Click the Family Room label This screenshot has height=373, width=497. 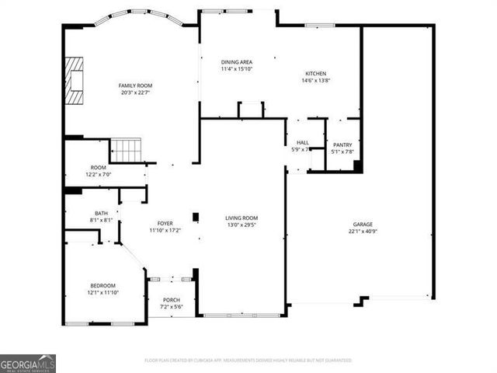tap(134, 85)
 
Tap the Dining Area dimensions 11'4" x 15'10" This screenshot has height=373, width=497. tap(237, 69)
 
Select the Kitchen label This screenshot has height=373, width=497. tap(315, 73)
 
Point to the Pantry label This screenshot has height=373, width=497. tap(342, 145)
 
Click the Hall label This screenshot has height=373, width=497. tap(303, 142)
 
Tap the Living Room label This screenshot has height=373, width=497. tap(242, 218)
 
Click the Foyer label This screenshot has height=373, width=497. tap(165, 224)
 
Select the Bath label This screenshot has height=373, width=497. tap(102, 213)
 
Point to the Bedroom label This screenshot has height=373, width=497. tap(103, 285)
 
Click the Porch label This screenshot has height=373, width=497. tap(171, 301)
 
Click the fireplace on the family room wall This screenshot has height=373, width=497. tap(73, 80)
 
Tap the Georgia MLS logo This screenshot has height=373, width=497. tap(28, 364)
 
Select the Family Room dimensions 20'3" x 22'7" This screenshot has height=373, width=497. tap(134, 92)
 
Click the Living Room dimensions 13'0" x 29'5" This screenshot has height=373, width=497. tap(242, 225)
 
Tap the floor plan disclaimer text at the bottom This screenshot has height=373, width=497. tap(248, 361)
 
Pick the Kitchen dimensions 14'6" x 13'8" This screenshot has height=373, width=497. tap(315, 80)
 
